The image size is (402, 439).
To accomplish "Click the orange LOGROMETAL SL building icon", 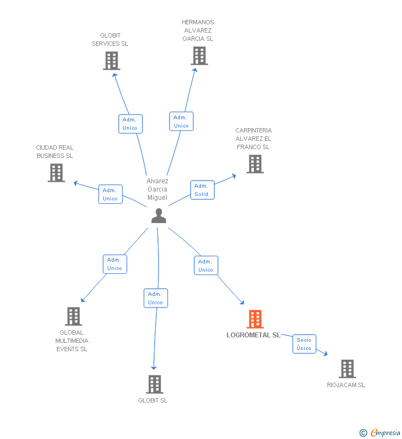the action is pyautogui.click(x=255, y=319).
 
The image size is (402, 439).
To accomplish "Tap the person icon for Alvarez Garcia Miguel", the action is pyautogui.click(x=158, y=216).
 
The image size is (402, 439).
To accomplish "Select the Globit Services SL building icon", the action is pyautogui.click(x=112, y=61).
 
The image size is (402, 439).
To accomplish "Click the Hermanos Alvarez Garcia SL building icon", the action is pyautogui.click(x=199, y=56).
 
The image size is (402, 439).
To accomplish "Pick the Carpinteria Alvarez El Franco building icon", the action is pyautogui.click(x=255, y=164).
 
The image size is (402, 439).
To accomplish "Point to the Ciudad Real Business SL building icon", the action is pyautogui.click(x=56, y=173).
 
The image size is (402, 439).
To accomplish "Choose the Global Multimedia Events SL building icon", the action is pyautogui.click(x=73, y=316).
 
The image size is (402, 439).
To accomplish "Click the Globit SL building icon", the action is pyautogui.click(x=155, y=384).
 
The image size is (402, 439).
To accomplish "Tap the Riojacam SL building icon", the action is pyautogui.click(x=347, y=369).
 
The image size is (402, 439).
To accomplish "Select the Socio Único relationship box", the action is pyautogui.click(x=304, y=344).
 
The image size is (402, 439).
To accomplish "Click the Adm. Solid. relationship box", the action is pyautogui.click(x=203, y=190).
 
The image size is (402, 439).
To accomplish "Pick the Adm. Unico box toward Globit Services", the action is pyautogui.click(x=130, y=124).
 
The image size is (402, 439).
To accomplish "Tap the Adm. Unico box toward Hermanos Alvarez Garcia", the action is pyautogui.click(x=181, y=121).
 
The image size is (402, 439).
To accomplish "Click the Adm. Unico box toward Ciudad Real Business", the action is pyautogui.click(x=110, y=194).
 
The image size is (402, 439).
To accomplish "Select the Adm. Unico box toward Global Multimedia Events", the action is pyautogui.click(x=115, y=264).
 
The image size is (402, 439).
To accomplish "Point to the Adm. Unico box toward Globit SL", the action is pyautogui.click(x=155, y=298).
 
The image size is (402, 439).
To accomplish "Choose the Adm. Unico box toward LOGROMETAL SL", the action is pyautogui.click(x=206, y=266).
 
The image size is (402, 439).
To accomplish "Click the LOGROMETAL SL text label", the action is pyautogui.click(x=253, y=335).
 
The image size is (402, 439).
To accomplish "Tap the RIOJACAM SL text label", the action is pyautogui.click(x=346, y=385).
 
